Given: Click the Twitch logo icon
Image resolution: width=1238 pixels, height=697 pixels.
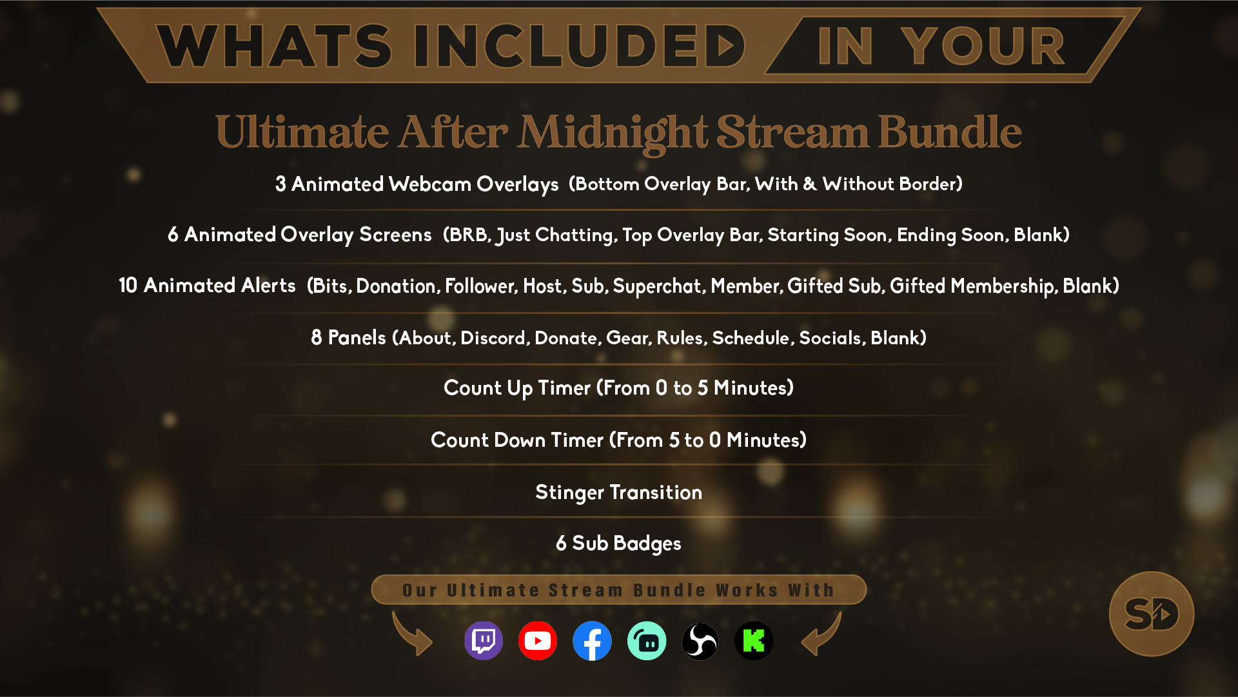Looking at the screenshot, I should point(484,641).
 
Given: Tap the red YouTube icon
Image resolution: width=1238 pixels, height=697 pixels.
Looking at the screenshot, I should point(538,641).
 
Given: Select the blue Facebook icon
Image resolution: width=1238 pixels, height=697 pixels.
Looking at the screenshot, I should point(592,641).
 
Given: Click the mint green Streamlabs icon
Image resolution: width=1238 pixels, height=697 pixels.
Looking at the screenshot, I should point(647,641).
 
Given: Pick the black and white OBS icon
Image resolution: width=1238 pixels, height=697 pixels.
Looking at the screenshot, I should point(700,641).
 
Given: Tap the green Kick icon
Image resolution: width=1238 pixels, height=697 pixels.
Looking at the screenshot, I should point(754,641).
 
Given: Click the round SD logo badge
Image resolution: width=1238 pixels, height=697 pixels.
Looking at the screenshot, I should point(1152,614).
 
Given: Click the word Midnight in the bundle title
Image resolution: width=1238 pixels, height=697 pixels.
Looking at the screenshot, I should point(614,132).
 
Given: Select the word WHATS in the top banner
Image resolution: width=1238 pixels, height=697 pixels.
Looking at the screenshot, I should point(274,46).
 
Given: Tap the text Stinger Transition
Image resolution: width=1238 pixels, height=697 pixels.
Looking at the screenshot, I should point(619,493).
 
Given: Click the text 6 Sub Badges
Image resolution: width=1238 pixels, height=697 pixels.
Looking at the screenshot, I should point(619,544).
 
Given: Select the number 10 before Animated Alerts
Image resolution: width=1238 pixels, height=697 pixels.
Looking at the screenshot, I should point(128,286).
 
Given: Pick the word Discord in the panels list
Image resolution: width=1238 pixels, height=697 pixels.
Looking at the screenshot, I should point(494,338).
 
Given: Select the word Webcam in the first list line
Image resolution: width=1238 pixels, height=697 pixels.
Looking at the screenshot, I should point(430,184).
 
